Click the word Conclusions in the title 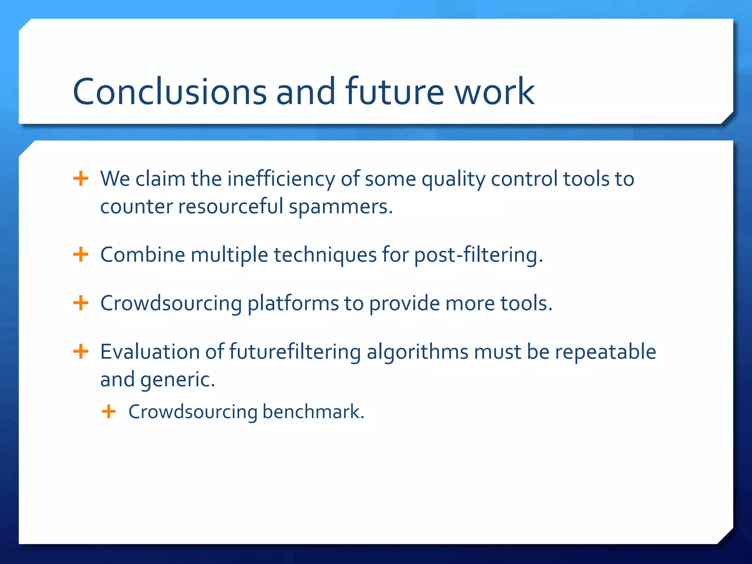[x=170, y=91]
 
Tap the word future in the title [x=395, y=91]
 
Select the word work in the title [x=495, y=91]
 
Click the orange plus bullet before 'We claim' [x=81, y=179]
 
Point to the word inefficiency [x=281, y=179]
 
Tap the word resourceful [x=231, y=206]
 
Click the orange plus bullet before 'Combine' [x=81, y=254]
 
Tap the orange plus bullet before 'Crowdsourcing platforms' [x=81, y=303]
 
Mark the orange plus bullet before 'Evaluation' [x=81, y=352]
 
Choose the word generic [x=178, y=380]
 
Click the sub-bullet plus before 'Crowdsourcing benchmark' [x=109, y=412]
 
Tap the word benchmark [x=313, y=412]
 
